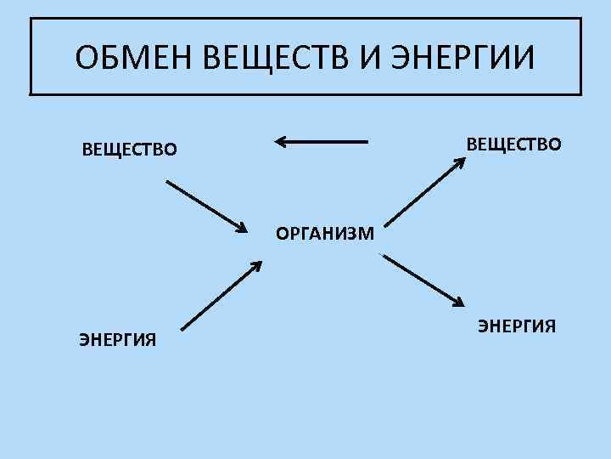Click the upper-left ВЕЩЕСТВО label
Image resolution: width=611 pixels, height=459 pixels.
pos(130,150)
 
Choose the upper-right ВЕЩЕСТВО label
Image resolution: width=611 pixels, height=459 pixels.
pos(513,144)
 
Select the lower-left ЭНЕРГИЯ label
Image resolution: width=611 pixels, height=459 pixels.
pos(118,340)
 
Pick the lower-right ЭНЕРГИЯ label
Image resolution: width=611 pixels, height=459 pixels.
pos(517,326)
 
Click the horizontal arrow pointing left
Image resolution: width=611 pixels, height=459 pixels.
pos(322,142)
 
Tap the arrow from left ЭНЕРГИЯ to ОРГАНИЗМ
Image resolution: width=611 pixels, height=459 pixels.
pos(221,294)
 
